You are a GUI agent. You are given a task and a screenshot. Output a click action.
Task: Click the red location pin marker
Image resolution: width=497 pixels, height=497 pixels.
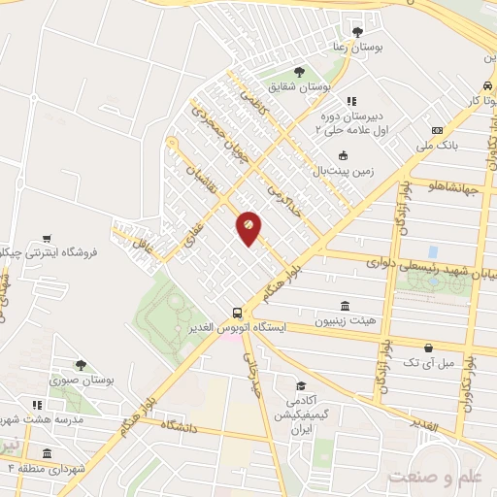(x=248, y=227)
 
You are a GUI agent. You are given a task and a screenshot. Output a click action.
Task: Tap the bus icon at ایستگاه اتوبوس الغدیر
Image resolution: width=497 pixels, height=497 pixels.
(x=237, y=312)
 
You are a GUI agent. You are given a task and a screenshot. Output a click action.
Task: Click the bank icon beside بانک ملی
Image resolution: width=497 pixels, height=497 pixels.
(x=437, y=130)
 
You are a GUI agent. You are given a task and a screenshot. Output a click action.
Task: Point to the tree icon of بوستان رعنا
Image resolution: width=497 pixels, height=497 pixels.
(x=358, y=31)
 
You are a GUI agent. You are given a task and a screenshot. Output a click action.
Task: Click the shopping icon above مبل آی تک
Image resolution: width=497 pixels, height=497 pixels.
(x=428, y=347)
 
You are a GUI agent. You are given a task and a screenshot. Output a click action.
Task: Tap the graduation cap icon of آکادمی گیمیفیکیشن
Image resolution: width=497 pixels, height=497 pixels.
(x=302, y=385)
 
